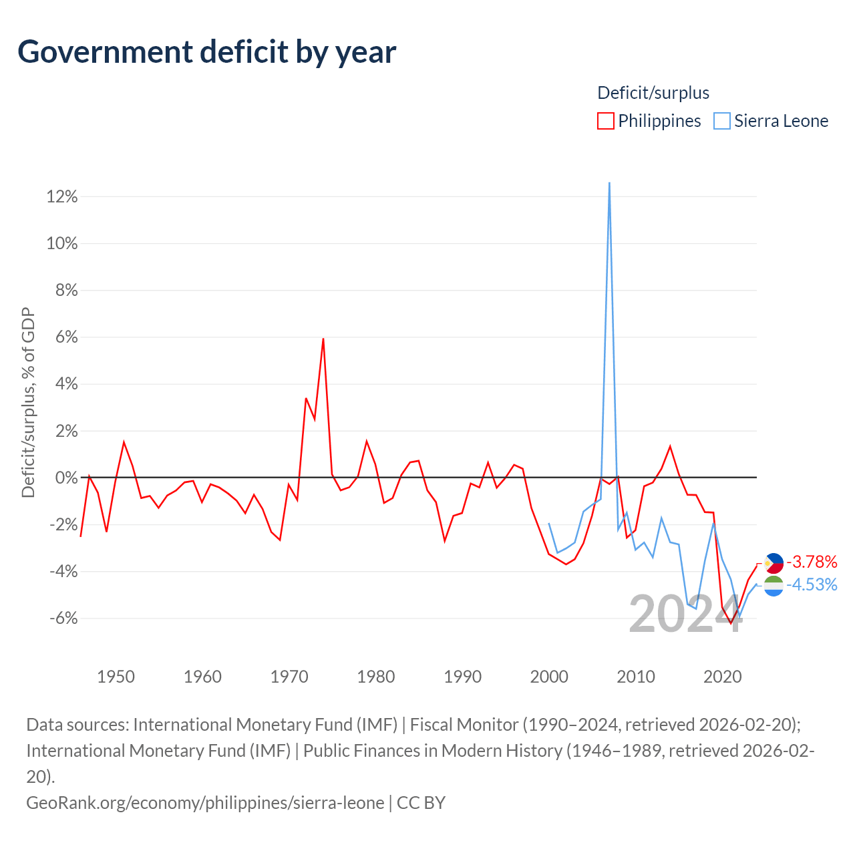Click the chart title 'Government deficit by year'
207,52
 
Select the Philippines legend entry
649,121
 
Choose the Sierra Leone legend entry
771,121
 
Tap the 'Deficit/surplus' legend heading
653,93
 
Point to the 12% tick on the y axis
62,197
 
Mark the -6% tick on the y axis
63,619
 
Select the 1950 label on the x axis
116,677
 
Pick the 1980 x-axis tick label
376,677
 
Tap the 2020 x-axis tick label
723,677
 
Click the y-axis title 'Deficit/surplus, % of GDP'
28,402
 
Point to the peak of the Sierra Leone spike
609,183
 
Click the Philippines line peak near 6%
323,339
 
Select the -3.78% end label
812,562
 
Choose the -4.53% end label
812,584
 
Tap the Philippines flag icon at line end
774,563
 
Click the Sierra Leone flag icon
774,586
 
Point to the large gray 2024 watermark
685,614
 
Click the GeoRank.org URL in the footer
205,802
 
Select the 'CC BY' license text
421,802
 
